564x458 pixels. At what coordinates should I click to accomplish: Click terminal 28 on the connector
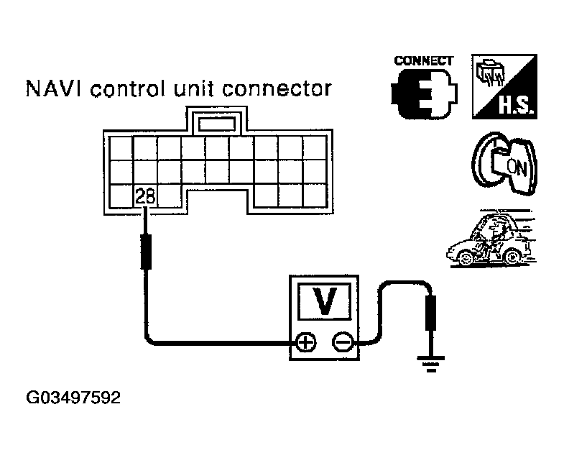tap(145, 196)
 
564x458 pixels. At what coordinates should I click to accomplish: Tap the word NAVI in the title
tap(54, 88)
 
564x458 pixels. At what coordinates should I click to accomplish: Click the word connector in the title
tap(277, 89)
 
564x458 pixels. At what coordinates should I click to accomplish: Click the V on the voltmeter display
tap(325, 301)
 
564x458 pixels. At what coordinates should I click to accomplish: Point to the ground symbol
tap(431, 363)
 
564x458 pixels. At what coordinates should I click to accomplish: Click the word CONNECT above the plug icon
tap(424, 61)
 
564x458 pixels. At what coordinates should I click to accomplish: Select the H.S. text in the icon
tap(516, 106)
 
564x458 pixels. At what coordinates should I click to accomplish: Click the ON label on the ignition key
tap(517, 168)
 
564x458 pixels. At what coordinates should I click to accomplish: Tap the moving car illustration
tap(491, 239)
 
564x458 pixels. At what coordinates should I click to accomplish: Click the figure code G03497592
tap(73, 398)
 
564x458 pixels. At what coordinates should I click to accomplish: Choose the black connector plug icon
tap(424, 93)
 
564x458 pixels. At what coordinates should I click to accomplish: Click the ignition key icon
tap(504, 163)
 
